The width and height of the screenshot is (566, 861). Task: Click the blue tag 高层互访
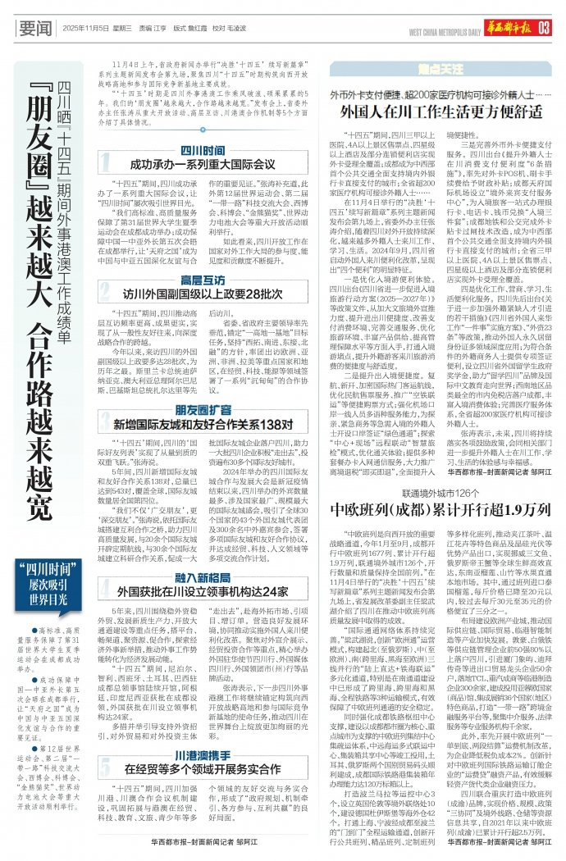203,280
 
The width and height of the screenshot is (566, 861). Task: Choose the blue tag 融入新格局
203,577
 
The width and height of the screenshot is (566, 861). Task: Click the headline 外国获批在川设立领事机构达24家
202,591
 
